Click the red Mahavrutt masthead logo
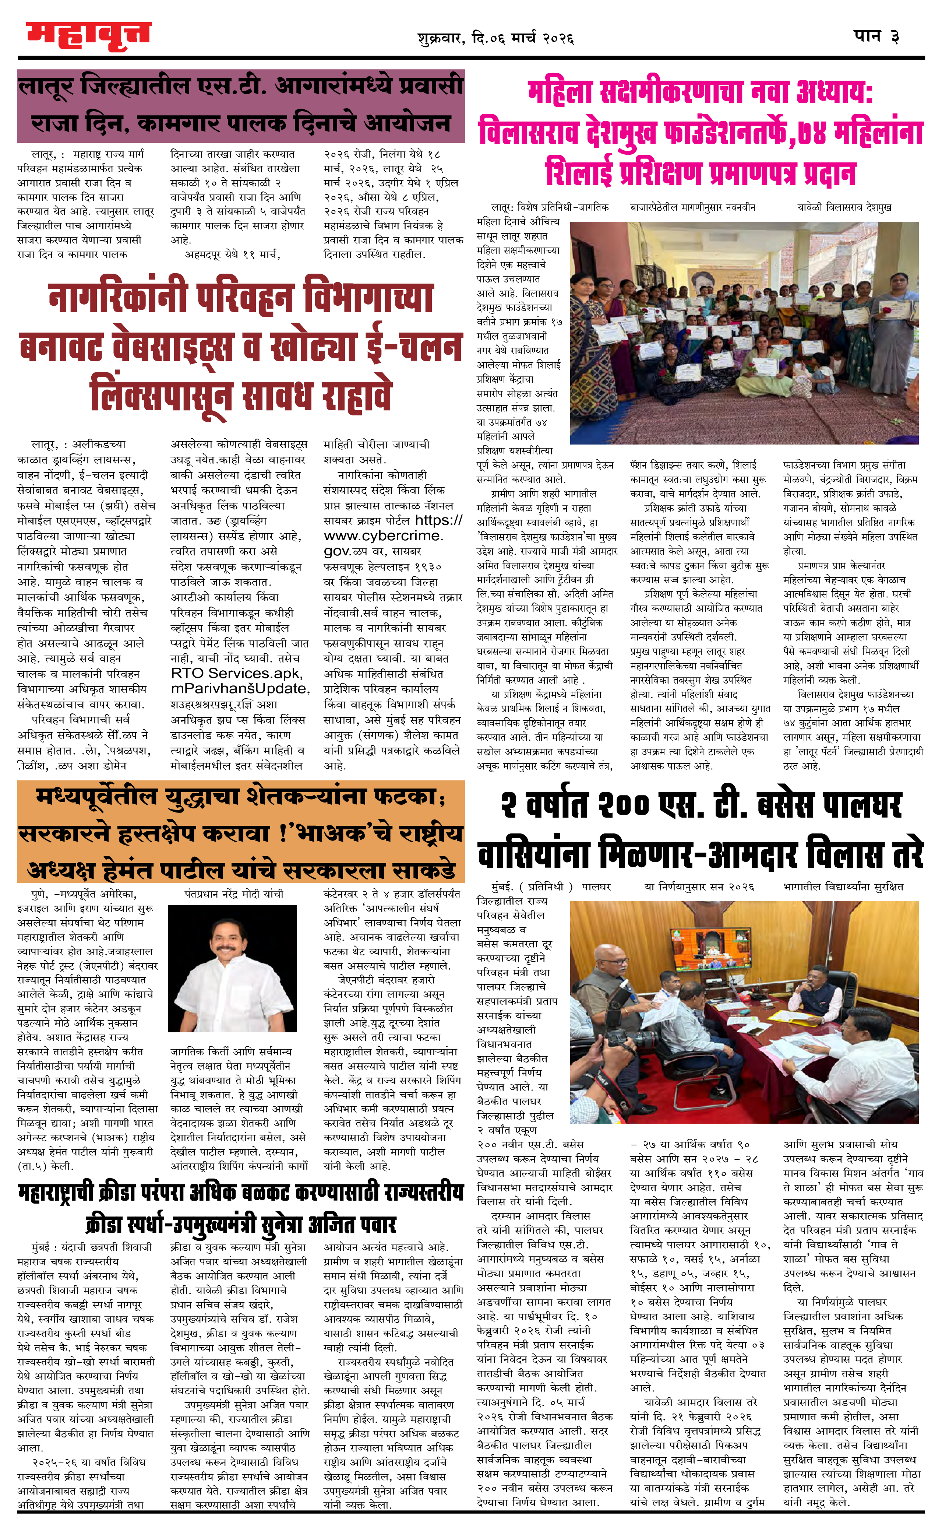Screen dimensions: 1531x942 [x=88, y=36]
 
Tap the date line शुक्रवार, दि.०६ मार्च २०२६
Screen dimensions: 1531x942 [x=495, y=39]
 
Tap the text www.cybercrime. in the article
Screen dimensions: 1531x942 [x=384, y=536]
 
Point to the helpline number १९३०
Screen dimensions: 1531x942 [x=428, y=567]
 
